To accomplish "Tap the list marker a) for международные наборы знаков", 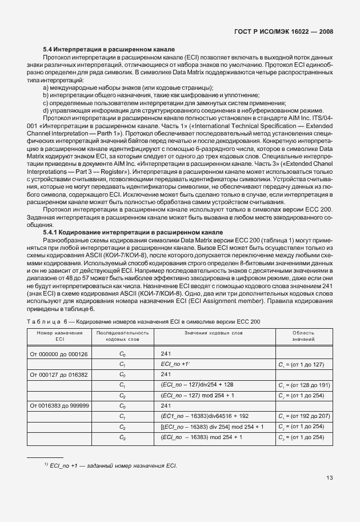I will pyautogui.click(x=46, y=87).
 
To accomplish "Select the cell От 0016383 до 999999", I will pyautogui.click(x=59, y=405).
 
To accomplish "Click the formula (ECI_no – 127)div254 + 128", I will pyautogui.click(x=197, y=385).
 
